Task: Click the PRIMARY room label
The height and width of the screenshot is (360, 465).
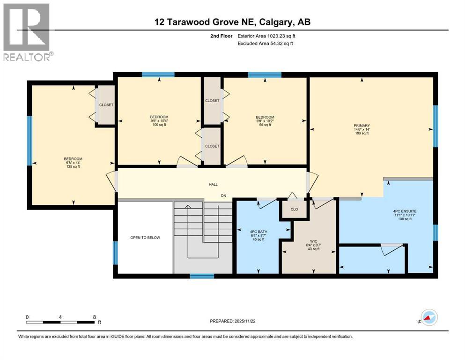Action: [x=362, y=126]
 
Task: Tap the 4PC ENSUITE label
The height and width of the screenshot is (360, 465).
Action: [x=405, y=211]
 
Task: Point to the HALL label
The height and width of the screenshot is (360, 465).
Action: [x=213, y=185]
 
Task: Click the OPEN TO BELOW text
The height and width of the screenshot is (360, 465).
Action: [x=145, y=238]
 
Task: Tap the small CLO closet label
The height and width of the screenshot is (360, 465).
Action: [x=294, y=210]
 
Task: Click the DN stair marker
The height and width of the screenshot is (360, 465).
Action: [x=224, y=195]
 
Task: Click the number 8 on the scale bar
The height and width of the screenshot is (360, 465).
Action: [x=95, y=317]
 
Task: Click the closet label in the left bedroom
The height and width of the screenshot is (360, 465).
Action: [x=106, y=105]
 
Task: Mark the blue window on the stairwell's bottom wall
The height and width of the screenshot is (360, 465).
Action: [x=202, y=276]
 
